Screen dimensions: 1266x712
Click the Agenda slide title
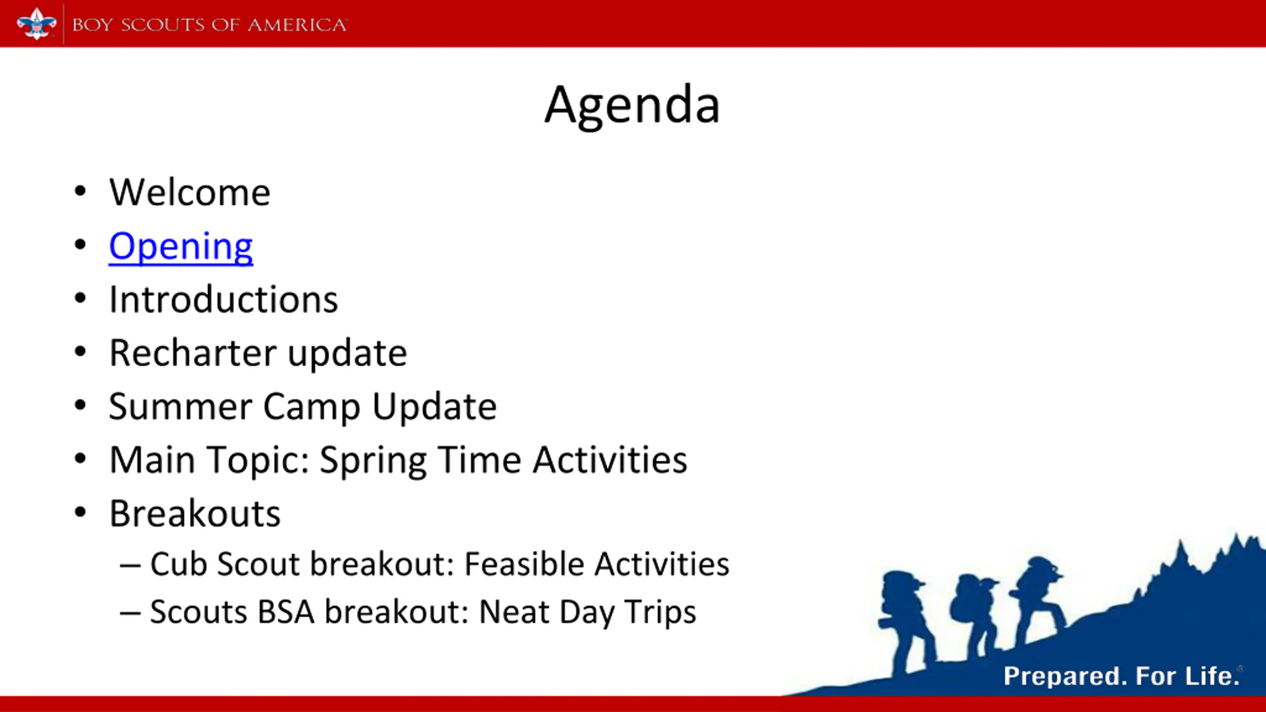click(632, 106)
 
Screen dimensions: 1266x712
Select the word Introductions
click(224, 300)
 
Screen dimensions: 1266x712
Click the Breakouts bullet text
click(195, 513)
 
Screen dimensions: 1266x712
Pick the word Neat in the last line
click(514, 612)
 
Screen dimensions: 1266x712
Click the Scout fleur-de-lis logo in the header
click(37, 24)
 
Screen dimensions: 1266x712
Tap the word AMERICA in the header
click(298, 25)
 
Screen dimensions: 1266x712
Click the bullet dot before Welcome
click(80, 191)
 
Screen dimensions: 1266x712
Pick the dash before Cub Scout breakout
click(131, 565)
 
